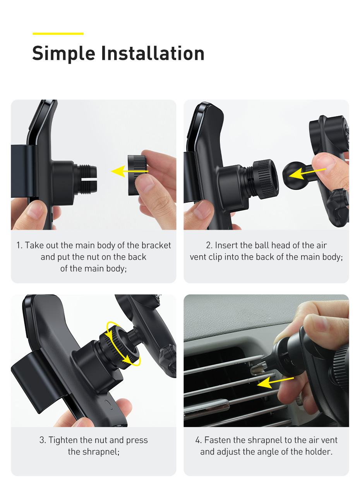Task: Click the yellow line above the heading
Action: coord(58,34)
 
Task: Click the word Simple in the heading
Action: coord(63,54)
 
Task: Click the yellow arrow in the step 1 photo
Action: coord(130,171)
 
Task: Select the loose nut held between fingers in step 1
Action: coord(137,175)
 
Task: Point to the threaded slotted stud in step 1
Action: coord(87,179)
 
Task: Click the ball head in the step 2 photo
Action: coord(293,175)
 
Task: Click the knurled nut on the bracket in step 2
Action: coord(265,179)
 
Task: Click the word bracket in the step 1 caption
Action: coord(156,245)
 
